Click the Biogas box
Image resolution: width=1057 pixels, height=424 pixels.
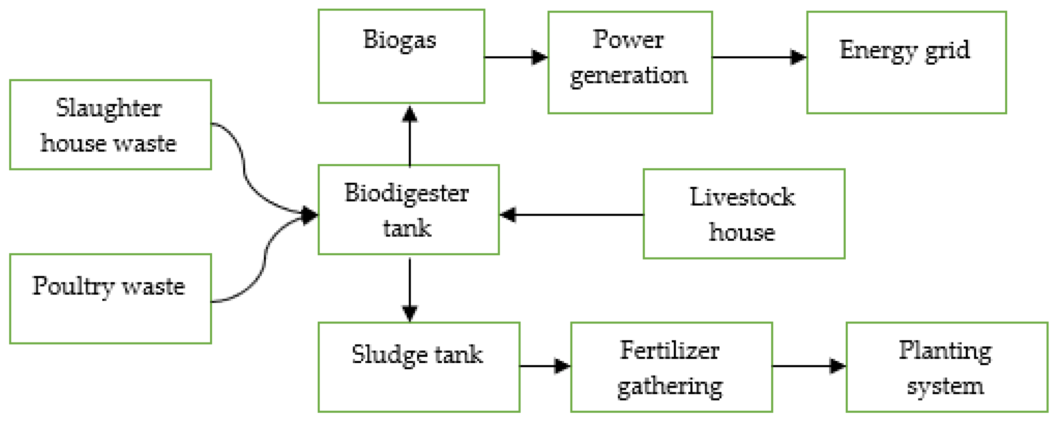pyautogui.click(x=401, y=56)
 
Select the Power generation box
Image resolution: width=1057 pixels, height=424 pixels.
pyautogui.click(x=630, y=62)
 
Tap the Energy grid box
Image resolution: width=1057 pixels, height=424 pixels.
pyautogui.click(x=906, y=62)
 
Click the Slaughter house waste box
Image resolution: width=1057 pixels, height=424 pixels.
pyautogui.click(x=110, y=125)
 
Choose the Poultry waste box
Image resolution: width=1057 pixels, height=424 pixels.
pyautogui.click(x=110, y=299)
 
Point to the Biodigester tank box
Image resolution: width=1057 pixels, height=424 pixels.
pyautogui.click(x=408, y=210)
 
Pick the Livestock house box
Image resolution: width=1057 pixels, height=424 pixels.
pyautogui.click(x=744, y=213)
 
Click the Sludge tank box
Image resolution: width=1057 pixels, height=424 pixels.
pyautogui.click(x=419, y=367)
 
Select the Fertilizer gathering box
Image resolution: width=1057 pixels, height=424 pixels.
pyautogui.click(x=671, y=367)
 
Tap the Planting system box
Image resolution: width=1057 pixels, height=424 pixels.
pyautogui.click(x=947, y=367)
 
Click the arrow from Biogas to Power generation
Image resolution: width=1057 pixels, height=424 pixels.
pyautogui.click(x=516, y=57)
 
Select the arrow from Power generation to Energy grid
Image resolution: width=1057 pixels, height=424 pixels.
pyautogui.click(x=759, y=57)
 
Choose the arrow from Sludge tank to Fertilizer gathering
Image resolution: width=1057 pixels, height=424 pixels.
pyautogui.click(x=545, y=366)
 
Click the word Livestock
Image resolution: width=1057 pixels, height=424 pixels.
pyautogui.click(x=742, y=197)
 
